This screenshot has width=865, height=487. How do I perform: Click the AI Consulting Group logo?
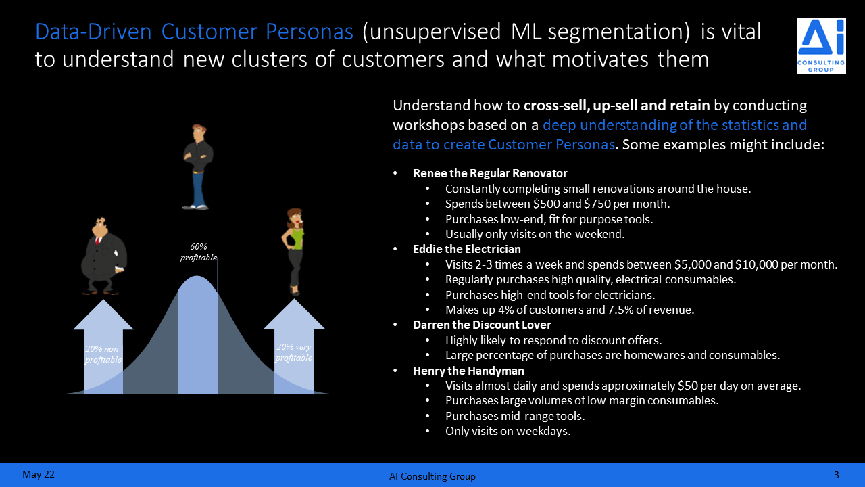click(x=821, y=45)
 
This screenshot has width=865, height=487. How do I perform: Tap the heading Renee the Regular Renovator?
click(x=490, y=173)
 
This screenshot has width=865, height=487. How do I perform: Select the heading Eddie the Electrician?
click(x=467, y=249)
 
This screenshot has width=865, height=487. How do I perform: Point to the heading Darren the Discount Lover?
click(x=482, y=325)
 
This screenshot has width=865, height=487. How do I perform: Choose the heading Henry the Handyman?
click(x=468, y=371)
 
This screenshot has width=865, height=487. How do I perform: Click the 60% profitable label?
click(x=199, y=252)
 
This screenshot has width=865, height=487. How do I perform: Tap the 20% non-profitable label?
click(x=103, y=354)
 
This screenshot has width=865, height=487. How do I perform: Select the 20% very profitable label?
click(x=294, y=352)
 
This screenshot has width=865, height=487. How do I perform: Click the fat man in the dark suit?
click(x=103, y=256)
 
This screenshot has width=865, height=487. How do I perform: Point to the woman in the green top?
click(x=293, y=251)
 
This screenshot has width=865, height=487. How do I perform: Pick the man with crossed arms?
click(x=198, y=167)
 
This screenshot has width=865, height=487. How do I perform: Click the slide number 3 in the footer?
click(x=837, y=475)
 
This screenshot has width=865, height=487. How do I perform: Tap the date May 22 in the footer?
click(x=39, y=474)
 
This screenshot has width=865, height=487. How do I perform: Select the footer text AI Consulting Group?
click(x=432, y=476)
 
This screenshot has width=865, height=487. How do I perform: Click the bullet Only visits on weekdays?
click(x=508, y=431)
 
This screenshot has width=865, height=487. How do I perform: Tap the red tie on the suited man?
click(x=98, y=240)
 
